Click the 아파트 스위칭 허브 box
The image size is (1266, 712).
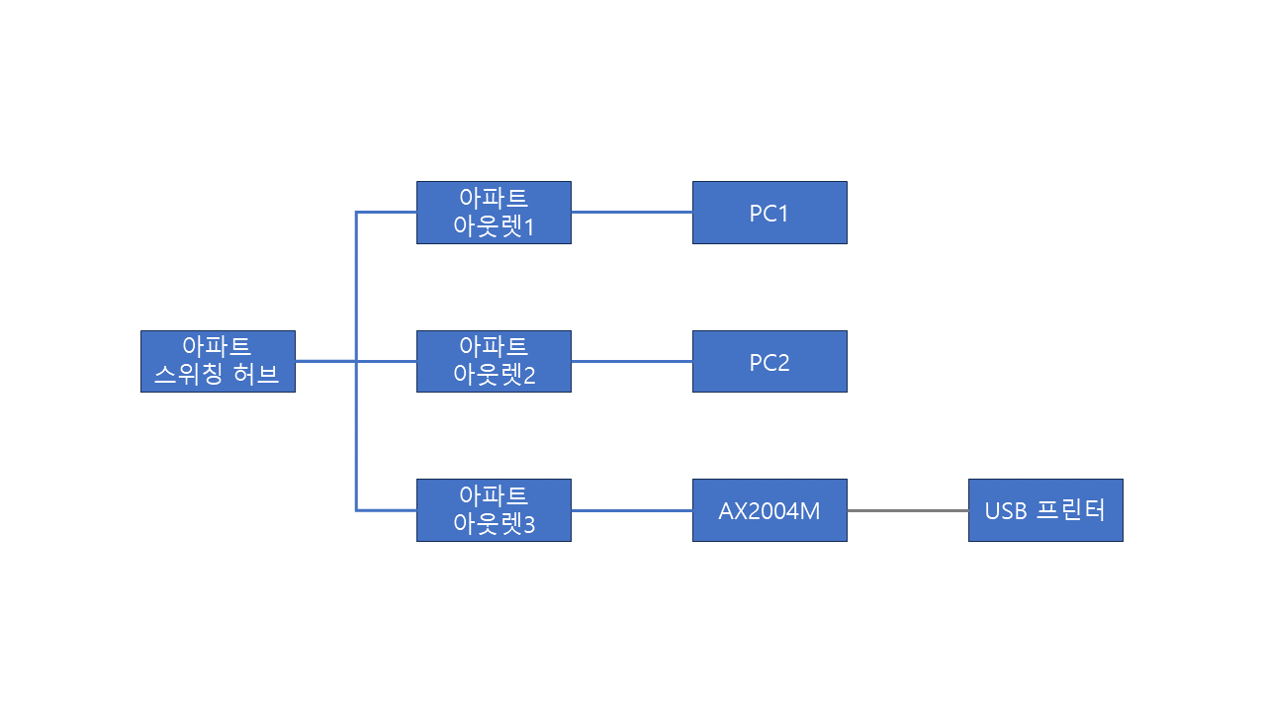[x=219, y=362]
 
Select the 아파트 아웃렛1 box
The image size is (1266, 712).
[x=494, y=213]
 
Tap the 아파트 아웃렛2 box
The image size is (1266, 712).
[x=494, y=362]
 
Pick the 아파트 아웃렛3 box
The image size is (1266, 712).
[x=494, y=510]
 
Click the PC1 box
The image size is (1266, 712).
[x=769, y=213]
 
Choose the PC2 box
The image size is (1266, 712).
[x=769, y=362]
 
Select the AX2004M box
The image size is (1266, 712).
[x=769, y=510]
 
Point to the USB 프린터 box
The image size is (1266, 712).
[x=1045, y=510]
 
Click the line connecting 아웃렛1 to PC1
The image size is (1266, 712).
[x=632, y=213]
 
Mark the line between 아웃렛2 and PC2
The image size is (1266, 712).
[x=632, y=362]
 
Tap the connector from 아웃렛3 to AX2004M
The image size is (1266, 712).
[x=632, y=511]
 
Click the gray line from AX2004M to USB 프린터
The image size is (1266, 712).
[x=908, y=511]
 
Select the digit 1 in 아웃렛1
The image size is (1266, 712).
[x=529, y=227]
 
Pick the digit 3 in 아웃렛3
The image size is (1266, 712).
[x=529, y=525]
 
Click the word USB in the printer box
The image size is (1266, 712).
[x=1006, y=511]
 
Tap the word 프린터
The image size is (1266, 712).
[x=1071, y=509]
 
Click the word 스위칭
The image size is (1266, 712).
[x=189, y=374]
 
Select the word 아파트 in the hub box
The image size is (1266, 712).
[x=217, y=345]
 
